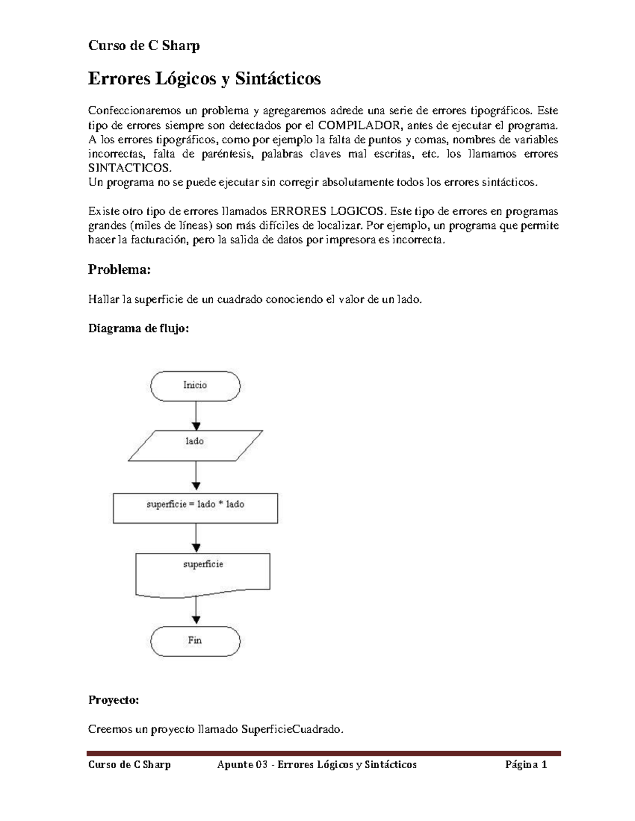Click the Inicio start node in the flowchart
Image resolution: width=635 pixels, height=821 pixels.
[x=195, y=385]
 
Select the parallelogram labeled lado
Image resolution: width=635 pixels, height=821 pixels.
[x=195, y=445]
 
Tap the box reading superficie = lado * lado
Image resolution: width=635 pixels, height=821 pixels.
[x=195, y=508]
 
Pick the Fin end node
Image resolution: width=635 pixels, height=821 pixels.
[x=195, y=641]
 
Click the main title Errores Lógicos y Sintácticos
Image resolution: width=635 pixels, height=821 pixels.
[x=204, y=79]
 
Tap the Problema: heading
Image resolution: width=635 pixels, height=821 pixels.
[x=119, y=270]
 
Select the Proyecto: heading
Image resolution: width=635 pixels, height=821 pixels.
[x=113, y=700]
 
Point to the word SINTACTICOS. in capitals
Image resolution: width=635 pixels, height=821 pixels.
[x=130, y=168]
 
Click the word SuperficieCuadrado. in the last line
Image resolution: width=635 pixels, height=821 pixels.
[x=292, y=730]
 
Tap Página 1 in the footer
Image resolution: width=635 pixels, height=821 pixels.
[x=526, y=764]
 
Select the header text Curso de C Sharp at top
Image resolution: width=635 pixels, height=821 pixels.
[x=143, y=46]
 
